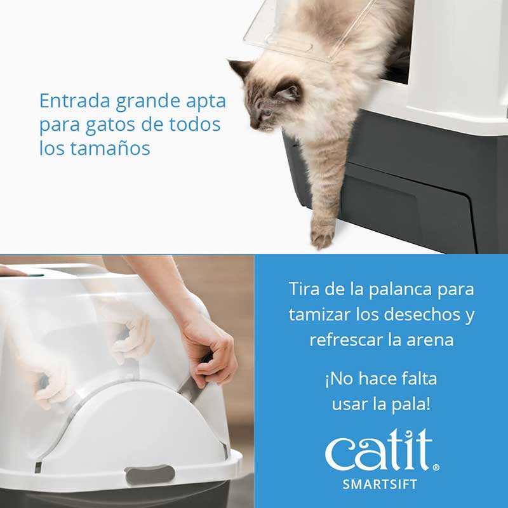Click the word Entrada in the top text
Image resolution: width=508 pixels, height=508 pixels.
(x=67, y=101)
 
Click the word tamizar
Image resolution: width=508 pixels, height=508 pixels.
(x=321, y=314)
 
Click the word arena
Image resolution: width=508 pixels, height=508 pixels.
(x=431, y=340)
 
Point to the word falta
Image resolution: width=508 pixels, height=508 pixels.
(x=413, y=379)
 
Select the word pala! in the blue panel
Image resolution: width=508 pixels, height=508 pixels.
(x=414, y=404)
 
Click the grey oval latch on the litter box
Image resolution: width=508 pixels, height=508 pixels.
(x=150, y=474)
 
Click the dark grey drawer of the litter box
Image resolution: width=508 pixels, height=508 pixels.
(x=406, y=203)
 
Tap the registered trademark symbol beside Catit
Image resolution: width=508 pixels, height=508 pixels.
(x=436, y=468)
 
